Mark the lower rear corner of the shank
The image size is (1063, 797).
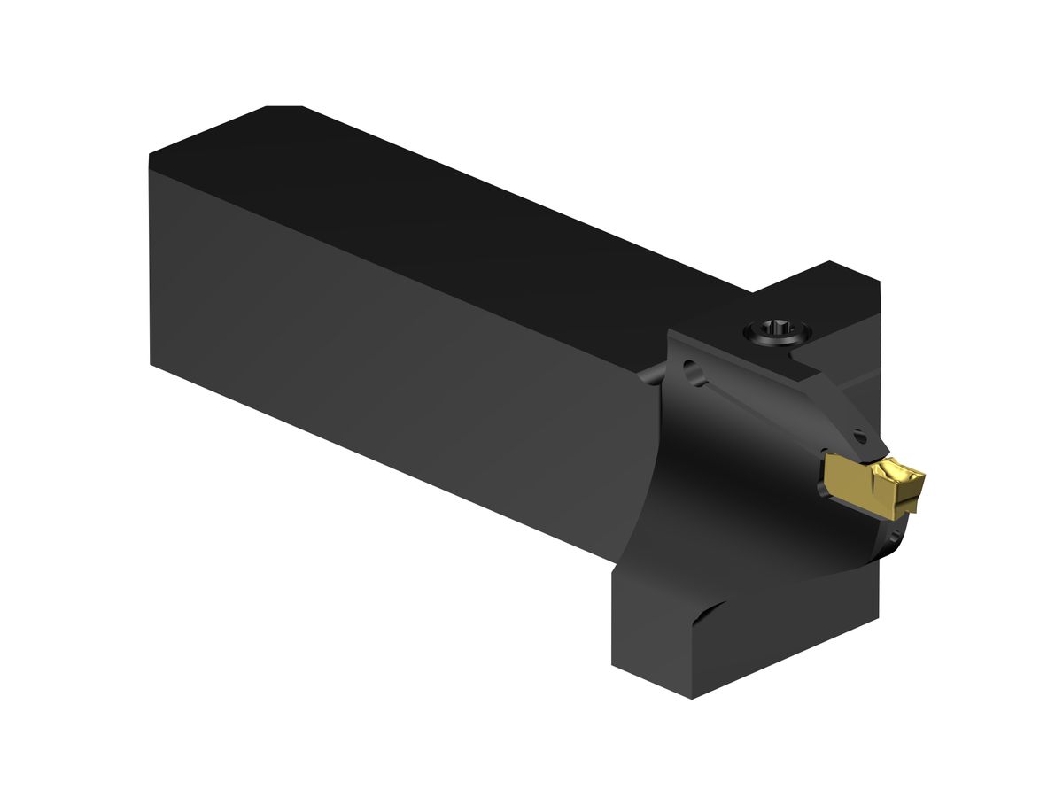[152, 363]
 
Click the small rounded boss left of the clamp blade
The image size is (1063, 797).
[651, 376]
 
